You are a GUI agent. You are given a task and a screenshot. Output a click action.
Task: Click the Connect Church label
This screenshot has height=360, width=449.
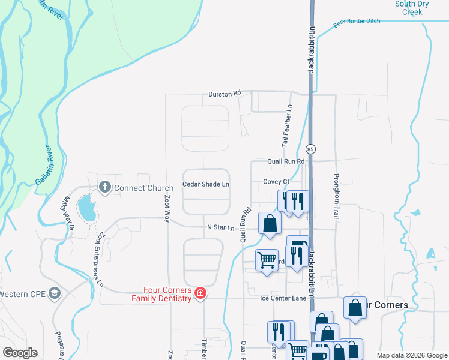tap(143, 188)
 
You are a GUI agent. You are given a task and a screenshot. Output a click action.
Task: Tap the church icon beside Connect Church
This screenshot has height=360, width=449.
tap(105, 187)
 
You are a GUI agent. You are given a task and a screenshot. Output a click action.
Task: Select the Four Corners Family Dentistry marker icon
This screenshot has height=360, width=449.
tap(200, 293)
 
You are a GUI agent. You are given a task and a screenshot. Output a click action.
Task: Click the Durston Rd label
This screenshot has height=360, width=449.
tap(224, 94)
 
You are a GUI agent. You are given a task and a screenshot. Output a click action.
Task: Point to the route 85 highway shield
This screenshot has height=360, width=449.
tap(310, 148)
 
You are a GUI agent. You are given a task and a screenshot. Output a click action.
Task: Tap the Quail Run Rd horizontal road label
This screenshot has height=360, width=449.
tap(286, 161)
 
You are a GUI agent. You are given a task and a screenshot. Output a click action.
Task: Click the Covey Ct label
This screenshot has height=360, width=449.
tap(276, 182)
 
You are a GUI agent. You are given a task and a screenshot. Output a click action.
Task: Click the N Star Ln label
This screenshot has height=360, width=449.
tap(220, 227)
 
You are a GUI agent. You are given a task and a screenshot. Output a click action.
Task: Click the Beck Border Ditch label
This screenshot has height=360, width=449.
tap(357, 22)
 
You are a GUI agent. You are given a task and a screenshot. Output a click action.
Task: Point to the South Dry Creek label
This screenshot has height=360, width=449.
tap(412, 8)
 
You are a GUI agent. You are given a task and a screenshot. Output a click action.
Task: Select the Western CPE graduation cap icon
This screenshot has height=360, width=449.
tap(55, 293)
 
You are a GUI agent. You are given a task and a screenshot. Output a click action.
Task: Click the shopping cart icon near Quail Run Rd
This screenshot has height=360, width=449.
tap(267, 260)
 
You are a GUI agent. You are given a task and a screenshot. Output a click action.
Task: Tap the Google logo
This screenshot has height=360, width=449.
tap(20, 353)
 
